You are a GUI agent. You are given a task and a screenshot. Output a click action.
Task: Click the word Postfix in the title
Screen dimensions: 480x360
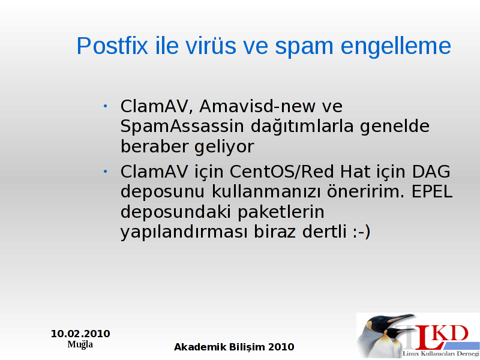tap(112, 46)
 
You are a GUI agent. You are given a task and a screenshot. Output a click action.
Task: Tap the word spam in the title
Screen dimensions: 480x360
tap(304, 47)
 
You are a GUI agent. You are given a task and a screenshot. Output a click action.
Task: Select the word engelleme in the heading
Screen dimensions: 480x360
tap(396, 47)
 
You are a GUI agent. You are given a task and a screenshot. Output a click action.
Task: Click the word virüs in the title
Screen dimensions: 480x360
tap(211, 46)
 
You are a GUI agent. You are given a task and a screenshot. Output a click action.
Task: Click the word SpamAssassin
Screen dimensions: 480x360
tap(182, 126)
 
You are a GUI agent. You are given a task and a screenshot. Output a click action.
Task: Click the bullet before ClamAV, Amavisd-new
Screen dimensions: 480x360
tap(105, 106)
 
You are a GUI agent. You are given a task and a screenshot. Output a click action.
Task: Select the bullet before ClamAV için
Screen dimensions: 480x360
tap(105, 172)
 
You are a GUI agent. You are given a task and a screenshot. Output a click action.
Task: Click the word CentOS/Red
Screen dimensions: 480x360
tap(281, 172)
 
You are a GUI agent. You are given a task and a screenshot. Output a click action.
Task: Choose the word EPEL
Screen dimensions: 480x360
tap(432, 191)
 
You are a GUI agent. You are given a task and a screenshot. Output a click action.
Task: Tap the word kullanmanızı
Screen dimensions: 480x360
tap(266, 191)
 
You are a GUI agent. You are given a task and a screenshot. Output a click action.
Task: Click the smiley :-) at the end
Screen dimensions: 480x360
tap(362, 232)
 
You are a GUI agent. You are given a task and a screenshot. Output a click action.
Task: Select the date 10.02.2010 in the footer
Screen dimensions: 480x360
tap(80, 334)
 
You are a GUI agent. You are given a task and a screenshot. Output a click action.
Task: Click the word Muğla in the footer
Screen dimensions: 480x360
tap(80, 344)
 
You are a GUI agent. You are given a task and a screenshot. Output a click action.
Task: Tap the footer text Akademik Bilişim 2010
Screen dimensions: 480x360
tap(234, 347)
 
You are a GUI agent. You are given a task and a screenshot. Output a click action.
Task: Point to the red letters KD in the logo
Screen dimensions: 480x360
tap(451, 334)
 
